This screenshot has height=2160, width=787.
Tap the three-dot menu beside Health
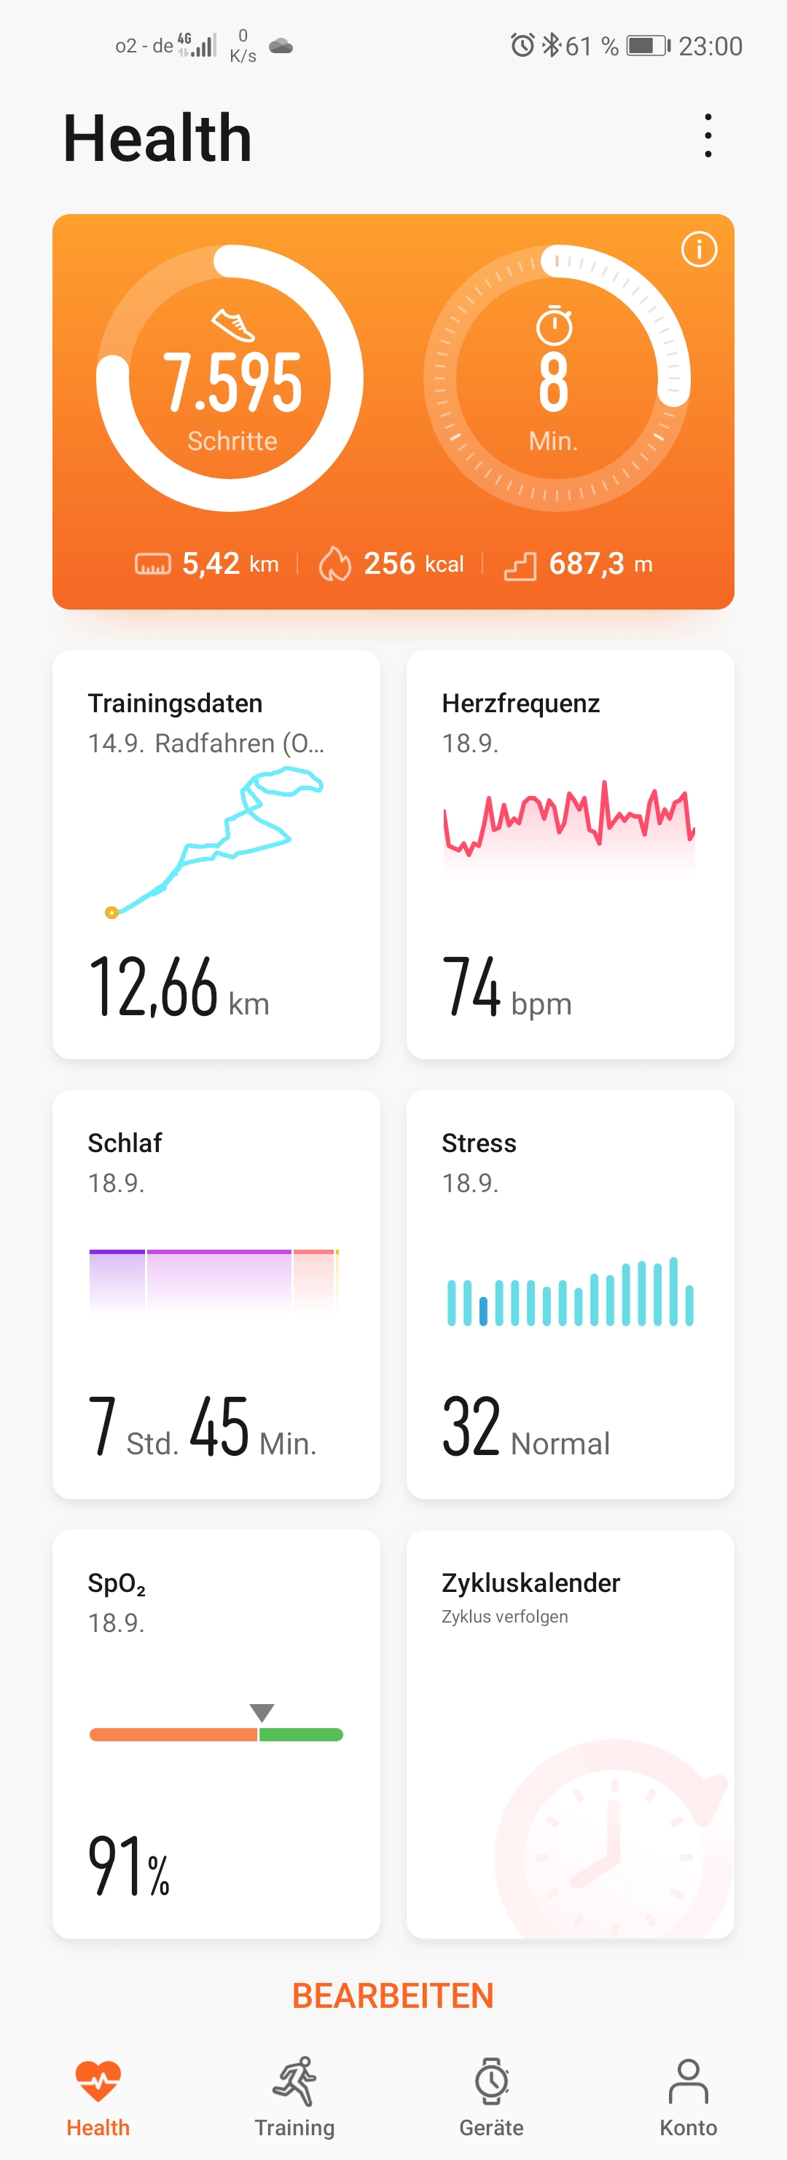[708, 136]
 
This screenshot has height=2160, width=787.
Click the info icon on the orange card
[698, 249]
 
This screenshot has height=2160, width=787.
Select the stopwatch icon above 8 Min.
[554, 326]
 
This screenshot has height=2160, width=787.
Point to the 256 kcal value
[412, 564]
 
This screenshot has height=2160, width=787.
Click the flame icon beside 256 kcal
[334, 564]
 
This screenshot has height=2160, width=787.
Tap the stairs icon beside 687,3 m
[520, 566]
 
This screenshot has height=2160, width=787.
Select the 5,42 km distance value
[230, 564]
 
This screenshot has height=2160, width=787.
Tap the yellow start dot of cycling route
[111, 913]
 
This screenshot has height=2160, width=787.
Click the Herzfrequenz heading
[520, 703]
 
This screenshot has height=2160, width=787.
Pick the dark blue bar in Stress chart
[483, 1311]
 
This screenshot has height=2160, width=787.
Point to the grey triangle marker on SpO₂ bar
[262, 1711]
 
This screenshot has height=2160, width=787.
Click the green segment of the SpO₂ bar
[300, 1735]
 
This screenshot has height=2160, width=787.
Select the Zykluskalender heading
[530, 1582]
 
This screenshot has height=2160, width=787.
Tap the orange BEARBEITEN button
[393, 1995]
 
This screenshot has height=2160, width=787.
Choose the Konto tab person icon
[688, 2081]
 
